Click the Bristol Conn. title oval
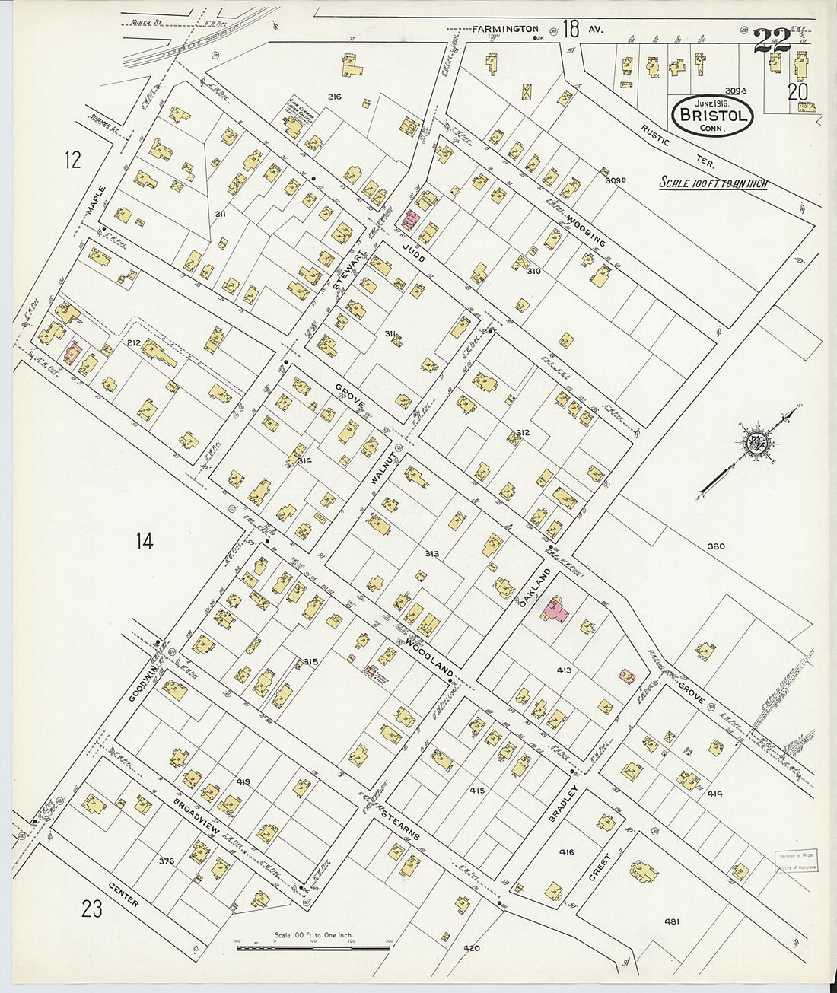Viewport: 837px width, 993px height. coord(712,116)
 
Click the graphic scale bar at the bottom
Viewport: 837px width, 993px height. coord(313,948)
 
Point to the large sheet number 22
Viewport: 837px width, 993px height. coord(772,40)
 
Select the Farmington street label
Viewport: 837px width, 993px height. coord(504,30)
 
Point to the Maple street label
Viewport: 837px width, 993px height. coord(97,204)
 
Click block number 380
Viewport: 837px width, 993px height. coord(715,546)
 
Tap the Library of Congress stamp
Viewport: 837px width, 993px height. coord(796,861)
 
